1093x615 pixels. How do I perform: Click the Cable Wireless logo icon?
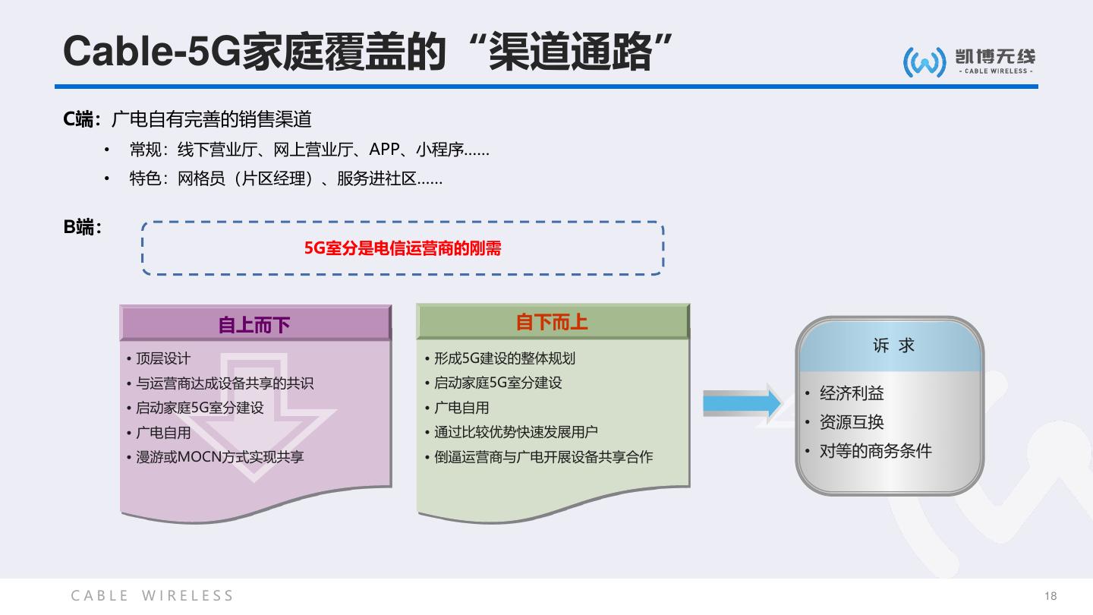tap(924, 61)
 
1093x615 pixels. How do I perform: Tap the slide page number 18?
tap(1050, 596)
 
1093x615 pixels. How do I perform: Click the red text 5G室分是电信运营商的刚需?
tap(402, 248)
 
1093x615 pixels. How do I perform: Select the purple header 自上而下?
tap(254, 325)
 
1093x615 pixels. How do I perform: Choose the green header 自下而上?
tap(552, 322)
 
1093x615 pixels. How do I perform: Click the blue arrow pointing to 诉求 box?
tap(742, 403)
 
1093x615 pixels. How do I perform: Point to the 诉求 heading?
tap(893, 345)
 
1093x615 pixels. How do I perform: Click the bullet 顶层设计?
tap(162, 358)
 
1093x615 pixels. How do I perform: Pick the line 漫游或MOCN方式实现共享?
tap(219, 457)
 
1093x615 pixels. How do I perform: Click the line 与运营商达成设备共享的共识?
tap(224, 383)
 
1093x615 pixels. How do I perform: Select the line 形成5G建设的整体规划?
tap(504, 358)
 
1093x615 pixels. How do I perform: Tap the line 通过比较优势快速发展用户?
tap(515, 432)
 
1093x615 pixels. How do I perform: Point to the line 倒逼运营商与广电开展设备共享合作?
tap(543, 457)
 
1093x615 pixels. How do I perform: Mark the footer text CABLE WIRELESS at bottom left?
tap(153, 596)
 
